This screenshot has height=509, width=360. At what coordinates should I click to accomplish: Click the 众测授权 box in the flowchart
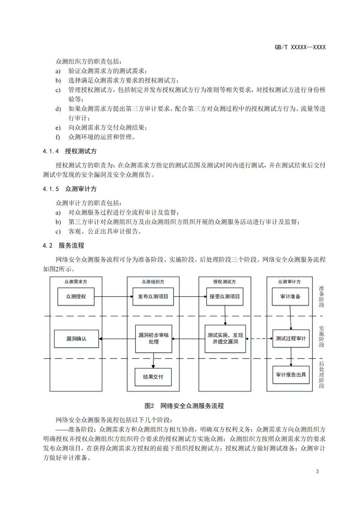[x=76, y=296]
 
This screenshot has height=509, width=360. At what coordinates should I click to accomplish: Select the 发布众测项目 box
[x=153, y=296]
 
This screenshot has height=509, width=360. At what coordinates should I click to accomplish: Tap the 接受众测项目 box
[x=224, y=296]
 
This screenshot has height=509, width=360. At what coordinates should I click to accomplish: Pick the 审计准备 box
[x=290, y=296]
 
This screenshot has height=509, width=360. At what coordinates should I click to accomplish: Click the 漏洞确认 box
[x=76, y=339]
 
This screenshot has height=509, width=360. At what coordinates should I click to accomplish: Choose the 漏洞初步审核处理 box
[x=154, y=339]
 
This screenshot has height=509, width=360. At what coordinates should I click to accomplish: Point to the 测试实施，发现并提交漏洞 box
[x=225, y=339]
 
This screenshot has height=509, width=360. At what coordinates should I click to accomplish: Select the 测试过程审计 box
[x=291, y=338]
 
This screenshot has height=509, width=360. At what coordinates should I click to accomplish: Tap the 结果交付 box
[x=153, y=377]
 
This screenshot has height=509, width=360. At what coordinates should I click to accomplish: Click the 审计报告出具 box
[x=291, y=375]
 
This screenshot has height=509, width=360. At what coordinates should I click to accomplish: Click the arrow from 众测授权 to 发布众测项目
[x=113, y=296]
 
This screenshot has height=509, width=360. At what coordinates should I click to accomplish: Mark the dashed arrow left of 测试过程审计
[x=259, y=339]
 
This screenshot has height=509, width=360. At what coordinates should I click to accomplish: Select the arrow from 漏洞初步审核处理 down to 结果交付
[x=153, y=360]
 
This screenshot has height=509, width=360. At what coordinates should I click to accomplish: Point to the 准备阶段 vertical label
[x=321, y=296]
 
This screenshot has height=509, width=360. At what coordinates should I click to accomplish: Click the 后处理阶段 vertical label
[x=321, y=375]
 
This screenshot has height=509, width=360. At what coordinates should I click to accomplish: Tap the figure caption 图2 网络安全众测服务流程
[x=184, y=406]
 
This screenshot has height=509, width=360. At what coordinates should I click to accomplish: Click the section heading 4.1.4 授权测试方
[x=70, y=151]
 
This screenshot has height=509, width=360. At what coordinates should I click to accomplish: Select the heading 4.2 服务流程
[x=63, y=246]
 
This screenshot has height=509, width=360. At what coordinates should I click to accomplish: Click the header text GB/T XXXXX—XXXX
[x=300, y=47]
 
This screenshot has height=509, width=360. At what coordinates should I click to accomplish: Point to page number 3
[x=317, y=471]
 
